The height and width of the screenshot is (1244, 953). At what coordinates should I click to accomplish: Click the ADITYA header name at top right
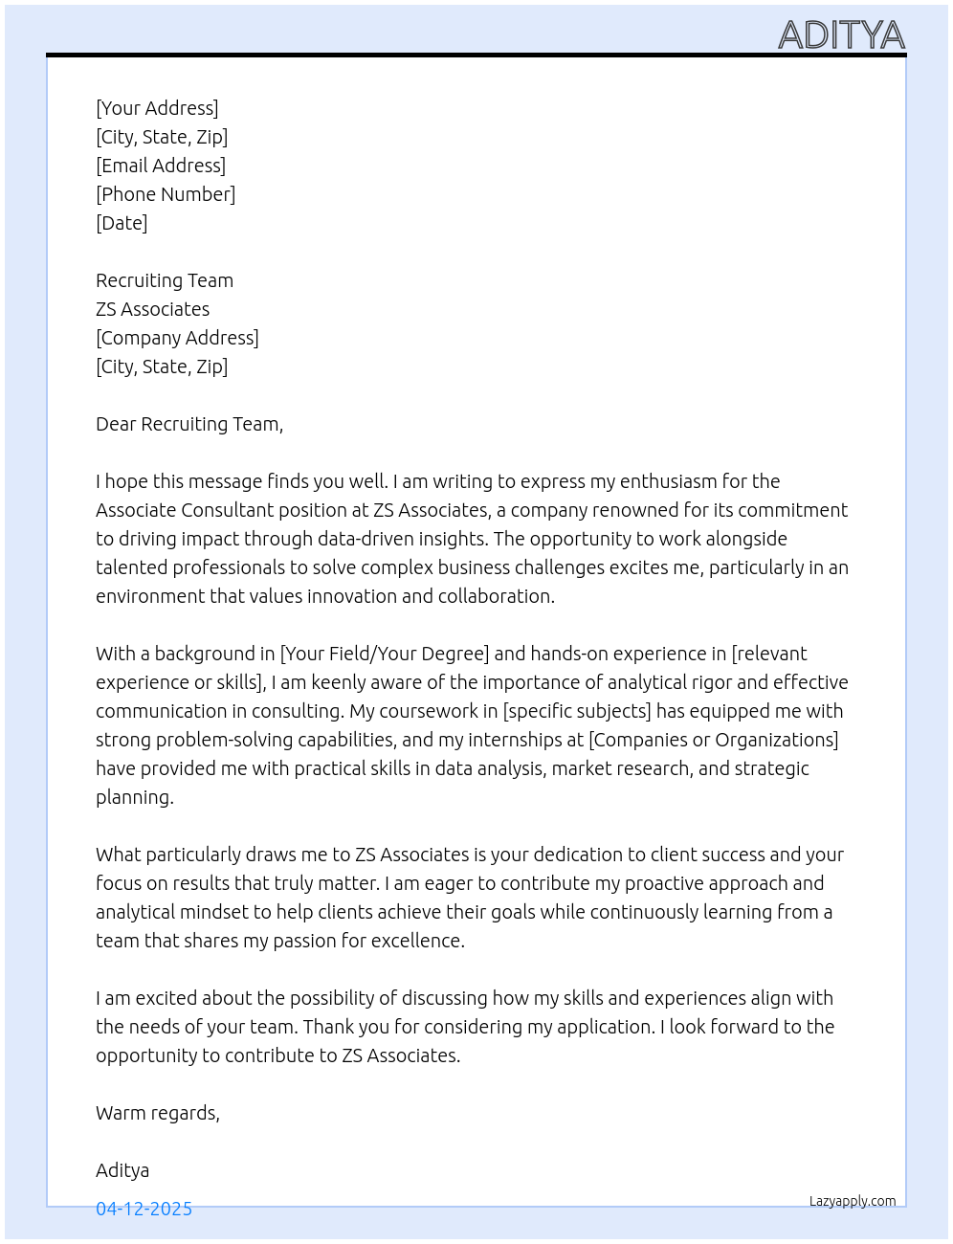841,35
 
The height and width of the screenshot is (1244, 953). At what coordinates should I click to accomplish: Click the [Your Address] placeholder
157,108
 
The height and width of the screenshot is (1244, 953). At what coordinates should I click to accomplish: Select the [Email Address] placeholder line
161,166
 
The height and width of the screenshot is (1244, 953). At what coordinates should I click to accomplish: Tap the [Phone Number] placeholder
166,194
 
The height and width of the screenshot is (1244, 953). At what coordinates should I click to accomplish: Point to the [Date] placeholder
122,223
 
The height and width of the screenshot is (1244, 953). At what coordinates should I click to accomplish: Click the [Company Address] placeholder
177,338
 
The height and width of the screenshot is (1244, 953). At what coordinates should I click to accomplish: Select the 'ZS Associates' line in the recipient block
152,309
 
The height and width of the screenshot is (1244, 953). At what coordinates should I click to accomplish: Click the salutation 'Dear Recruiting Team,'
189,424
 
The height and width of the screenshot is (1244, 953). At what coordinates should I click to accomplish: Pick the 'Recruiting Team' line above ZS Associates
165,280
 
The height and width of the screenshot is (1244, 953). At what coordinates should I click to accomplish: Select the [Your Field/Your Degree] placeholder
385,654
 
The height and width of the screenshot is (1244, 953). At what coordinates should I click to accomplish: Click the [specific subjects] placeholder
577,711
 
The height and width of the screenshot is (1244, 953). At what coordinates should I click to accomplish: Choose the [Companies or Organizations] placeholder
714,740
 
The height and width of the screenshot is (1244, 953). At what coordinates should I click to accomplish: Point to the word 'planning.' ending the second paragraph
135,797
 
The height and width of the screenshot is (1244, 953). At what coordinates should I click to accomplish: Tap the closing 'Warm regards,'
158,1113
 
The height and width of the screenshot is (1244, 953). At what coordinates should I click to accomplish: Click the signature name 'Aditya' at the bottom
122,1170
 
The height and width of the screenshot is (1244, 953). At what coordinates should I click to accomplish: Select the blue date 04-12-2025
144,1209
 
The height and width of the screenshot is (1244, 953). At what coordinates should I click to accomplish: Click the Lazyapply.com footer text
853,1201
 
